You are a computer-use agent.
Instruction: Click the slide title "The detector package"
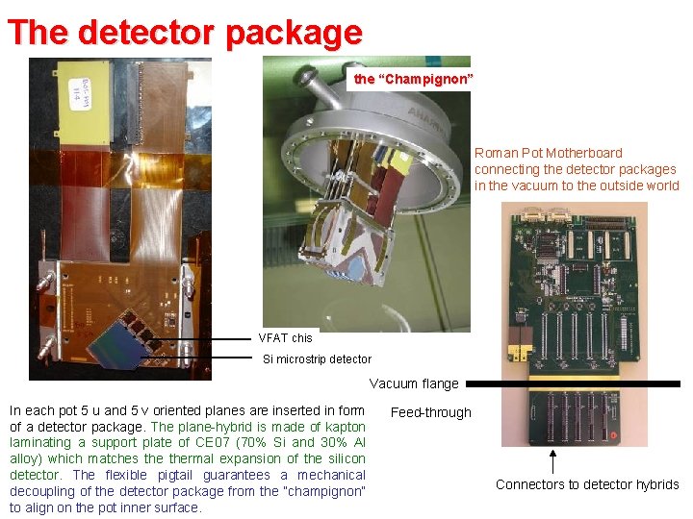coord(184,32)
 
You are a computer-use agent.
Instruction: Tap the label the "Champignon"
coord(412,79)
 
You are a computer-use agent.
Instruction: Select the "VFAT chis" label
coord(285,337)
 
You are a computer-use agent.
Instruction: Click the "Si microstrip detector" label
coord(317,359)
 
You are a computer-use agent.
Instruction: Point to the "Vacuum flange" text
coord(414,383)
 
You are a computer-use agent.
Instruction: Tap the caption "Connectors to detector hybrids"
coord(587,484)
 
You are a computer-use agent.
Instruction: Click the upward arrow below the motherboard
coord(552,460)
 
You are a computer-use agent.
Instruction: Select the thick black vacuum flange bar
coord(574,383)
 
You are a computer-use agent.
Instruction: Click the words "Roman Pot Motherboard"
coord(548,153)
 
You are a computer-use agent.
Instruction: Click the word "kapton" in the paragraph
coord(344,427)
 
